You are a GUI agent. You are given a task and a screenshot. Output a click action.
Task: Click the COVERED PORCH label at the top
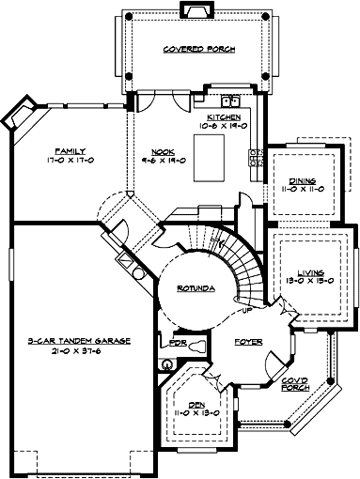198,49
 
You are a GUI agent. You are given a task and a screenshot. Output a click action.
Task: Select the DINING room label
302,180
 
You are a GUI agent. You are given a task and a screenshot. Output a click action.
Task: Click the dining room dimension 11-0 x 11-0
302,190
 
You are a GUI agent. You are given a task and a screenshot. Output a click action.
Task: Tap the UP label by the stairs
247,309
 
